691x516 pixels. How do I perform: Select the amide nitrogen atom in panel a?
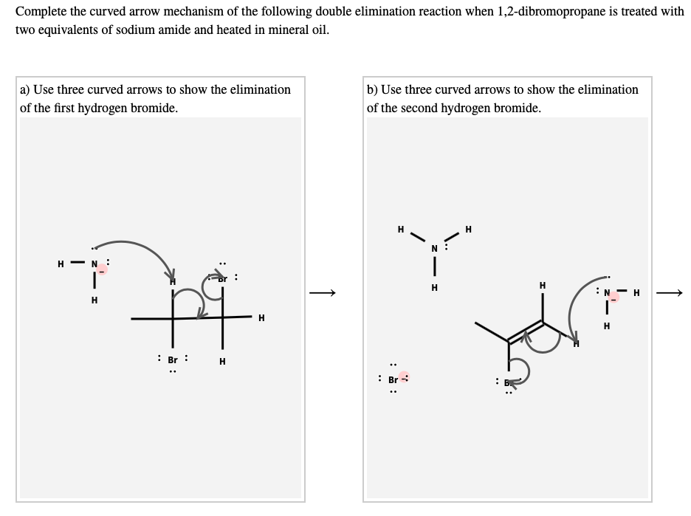pos(94,264)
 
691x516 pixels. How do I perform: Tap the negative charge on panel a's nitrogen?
pos(103,269)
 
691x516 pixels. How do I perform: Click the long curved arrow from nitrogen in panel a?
pos(133,245)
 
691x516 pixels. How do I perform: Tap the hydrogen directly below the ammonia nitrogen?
pos(436,287)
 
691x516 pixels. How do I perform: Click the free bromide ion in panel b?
pos(393,376)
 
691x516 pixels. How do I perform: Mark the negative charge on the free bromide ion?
pos(405,376)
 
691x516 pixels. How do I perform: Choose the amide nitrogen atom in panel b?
pos(608,293)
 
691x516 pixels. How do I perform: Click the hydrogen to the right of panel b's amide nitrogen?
pos(636,293)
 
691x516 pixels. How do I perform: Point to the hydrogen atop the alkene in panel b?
pos(543,285)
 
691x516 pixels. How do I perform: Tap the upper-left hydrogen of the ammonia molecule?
pos(400,230)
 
